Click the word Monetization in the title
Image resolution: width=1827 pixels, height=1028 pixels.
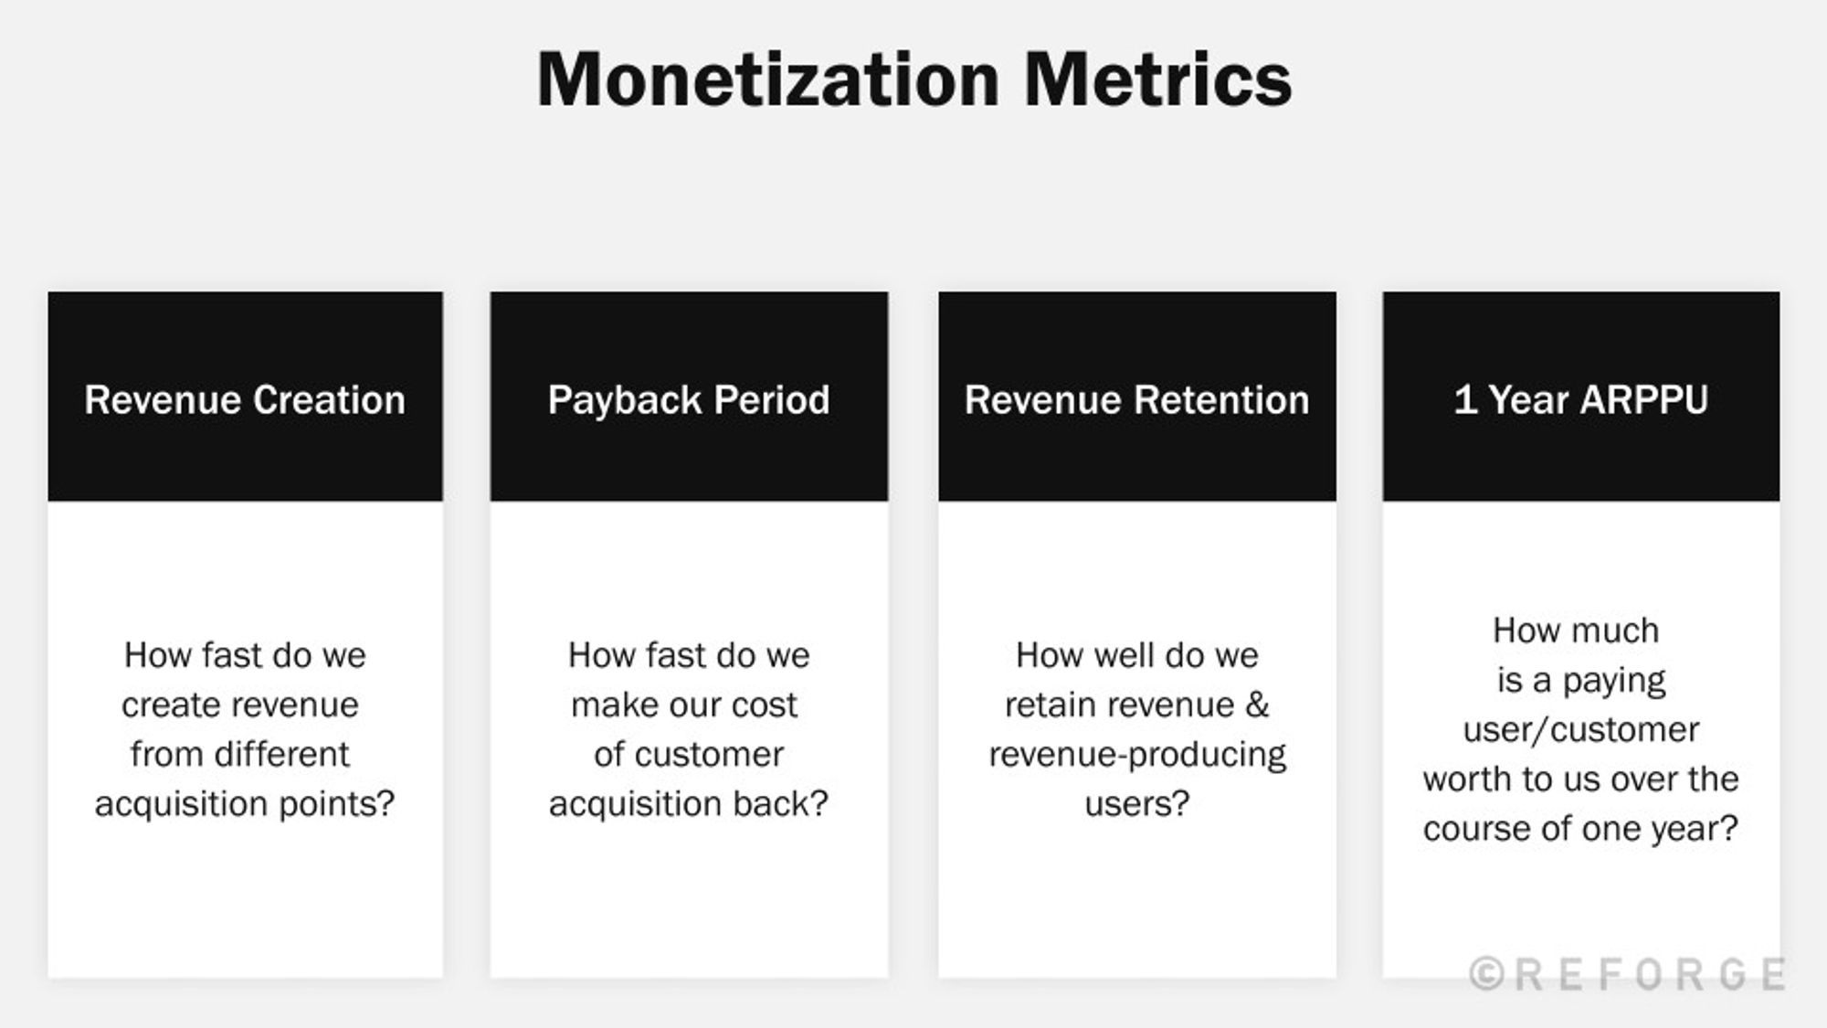768,80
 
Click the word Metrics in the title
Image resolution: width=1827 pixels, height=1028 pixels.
1157,80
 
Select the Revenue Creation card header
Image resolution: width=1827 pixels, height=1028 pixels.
245,400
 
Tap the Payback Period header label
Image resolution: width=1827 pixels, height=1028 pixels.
689,400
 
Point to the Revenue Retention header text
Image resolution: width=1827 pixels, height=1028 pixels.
1136,400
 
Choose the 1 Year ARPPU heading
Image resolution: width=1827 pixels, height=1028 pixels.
1580,400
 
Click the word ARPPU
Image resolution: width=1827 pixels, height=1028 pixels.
1643,400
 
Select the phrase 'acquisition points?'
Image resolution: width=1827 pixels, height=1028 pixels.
245,804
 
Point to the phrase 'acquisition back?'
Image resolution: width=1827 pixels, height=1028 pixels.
689,804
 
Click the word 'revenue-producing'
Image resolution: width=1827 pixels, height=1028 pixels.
1137,755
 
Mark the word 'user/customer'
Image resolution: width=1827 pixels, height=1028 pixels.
1580,730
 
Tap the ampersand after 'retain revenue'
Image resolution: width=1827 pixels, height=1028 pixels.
1258,705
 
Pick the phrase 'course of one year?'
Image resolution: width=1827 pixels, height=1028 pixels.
1580,829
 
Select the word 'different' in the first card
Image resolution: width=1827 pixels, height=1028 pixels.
281,755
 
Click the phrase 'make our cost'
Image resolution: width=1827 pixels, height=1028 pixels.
684,705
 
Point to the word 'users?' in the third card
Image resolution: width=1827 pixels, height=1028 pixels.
1137,804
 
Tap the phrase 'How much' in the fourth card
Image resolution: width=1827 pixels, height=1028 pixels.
1576,631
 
